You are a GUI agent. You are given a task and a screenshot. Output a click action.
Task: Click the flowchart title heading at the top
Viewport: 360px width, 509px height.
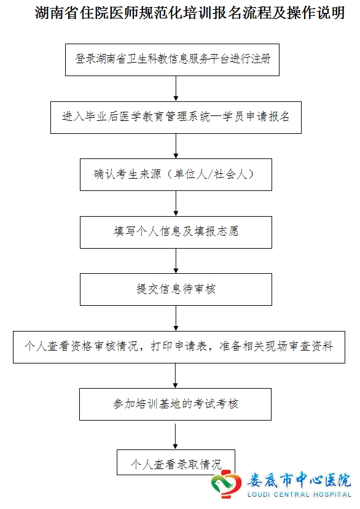point(190,13)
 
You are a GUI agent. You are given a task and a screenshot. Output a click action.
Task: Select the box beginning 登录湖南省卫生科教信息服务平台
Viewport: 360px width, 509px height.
point(172,60)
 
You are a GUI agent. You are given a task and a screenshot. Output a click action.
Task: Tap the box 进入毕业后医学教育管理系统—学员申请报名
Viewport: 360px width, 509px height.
point(176,117)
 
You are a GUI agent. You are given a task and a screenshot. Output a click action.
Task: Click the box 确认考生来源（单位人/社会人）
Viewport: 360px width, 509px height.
point(176,174)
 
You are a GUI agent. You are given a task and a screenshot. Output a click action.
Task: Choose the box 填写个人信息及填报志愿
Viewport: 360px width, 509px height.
point(176,233)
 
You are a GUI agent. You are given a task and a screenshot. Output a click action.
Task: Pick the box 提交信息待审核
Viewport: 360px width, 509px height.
point(176,290)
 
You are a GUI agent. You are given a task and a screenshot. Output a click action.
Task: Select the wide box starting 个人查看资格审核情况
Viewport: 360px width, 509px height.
point(179,347)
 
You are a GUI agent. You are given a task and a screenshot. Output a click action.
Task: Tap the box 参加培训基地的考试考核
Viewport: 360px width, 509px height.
point(176,405)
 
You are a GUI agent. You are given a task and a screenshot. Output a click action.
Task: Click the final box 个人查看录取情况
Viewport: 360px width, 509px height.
point(176,462)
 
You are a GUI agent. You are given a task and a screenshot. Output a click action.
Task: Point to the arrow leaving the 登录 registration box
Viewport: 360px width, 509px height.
point(176,88)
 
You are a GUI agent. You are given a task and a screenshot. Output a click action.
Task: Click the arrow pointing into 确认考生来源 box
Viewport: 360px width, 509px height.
point(176,146)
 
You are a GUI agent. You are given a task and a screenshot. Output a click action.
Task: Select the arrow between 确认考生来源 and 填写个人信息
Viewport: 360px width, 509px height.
point(176,203)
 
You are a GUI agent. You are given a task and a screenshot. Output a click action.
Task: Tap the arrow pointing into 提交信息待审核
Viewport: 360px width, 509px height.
point(176,261)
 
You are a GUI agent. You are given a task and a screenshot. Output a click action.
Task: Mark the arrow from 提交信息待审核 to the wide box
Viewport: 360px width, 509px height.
point(176,319)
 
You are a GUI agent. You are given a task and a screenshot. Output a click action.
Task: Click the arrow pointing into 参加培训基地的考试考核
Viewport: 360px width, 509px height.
point(176,376)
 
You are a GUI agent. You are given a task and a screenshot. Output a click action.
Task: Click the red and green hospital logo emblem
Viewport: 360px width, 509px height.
point(226,484)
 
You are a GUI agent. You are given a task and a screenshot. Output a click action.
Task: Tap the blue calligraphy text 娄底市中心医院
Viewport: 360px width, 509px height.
point(299,480)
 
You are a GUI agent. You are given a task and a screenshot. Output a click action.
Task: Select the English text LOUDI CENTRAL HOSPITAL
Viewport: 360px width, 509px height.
point(299,495)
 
